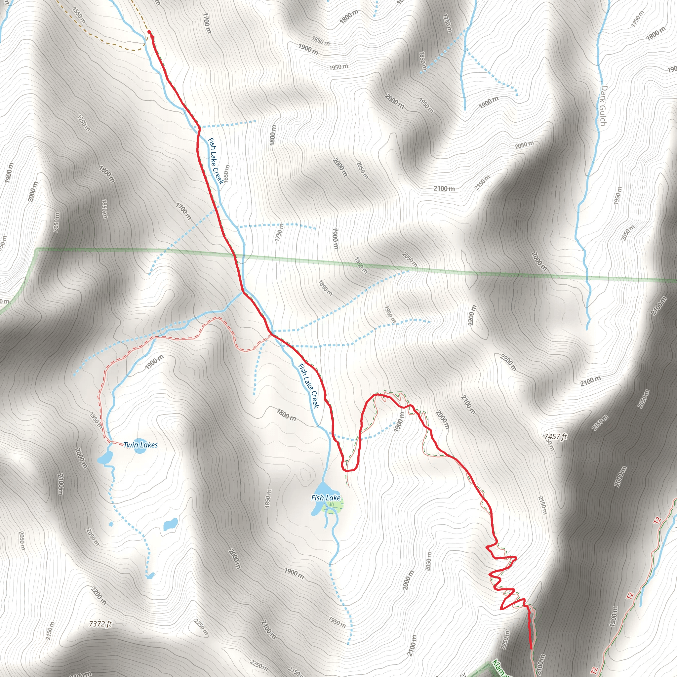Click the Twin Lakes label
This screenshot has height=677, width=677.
point(140,445)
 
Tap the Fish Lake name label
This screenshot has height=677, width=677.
point(326,498)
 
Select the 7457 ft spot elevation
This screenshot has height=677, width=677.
point(555,436)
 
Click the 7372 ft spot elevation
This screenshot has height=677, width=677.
point(100,624)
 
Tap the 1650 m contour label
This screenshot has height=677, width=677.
point(226,174)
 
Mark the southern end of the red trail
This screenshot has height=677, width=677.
point(531,648)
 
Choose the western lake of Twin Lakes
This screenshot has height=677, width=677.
point(105,458)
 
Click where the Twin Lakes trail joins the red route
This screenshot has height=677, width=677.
point(270,334)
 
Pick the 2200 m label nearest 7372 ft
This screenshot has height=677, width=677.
point(99,595)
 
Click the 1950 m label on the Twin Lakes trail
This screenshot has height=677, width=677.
point(96,420)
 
